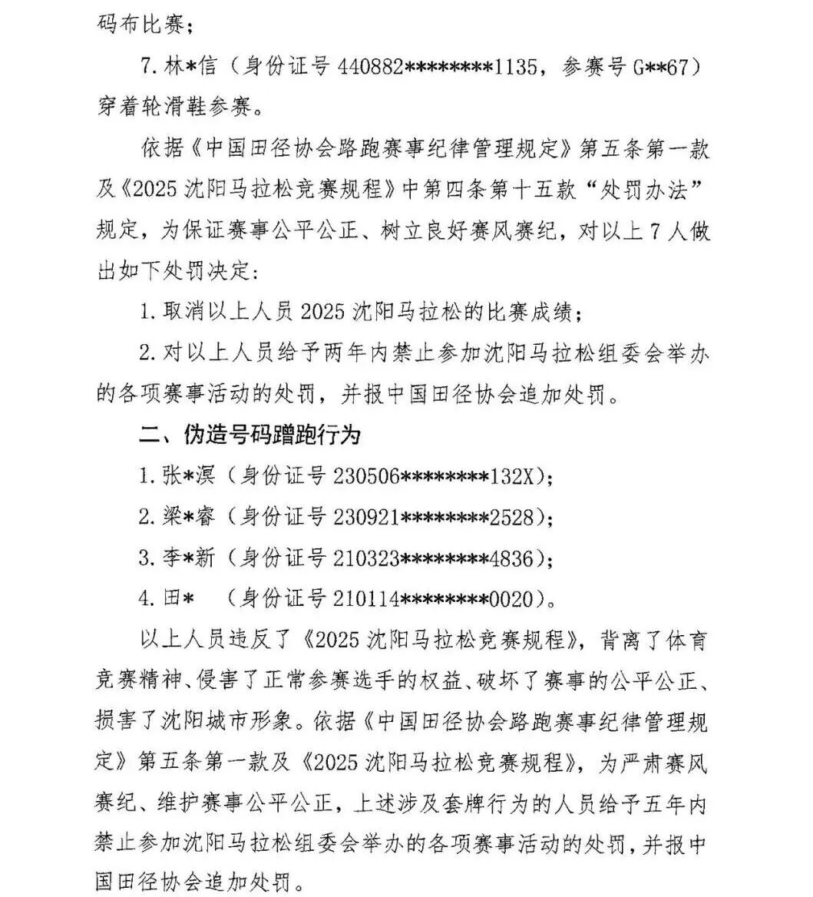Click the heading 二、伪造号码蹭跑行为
[x=250, y=435]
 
